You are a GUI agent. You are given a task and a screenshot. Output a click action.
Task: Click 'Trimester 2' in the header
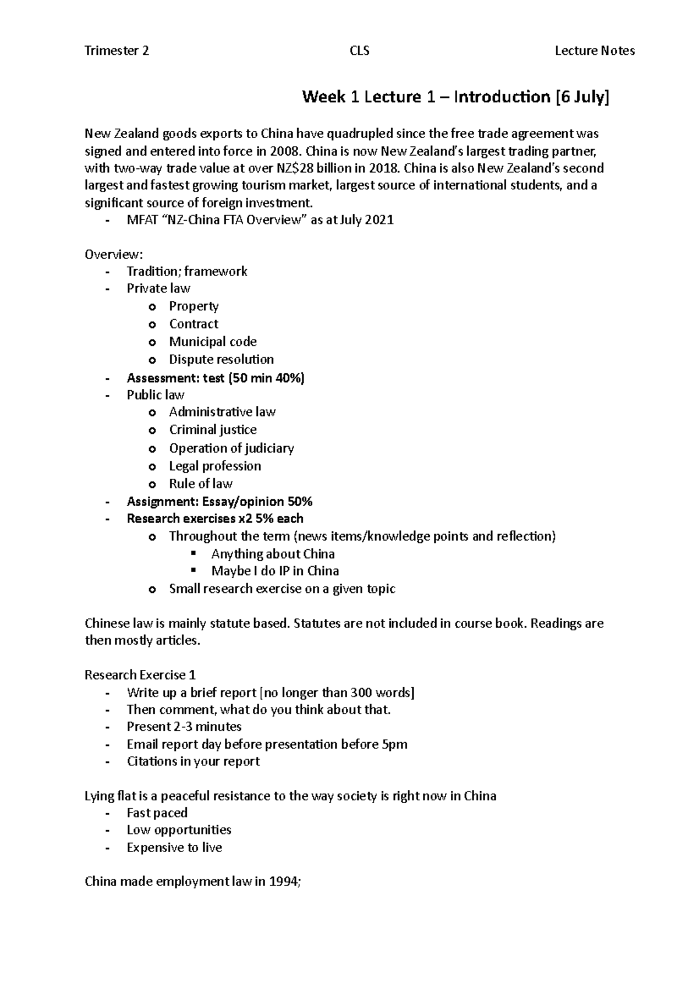tap(116, 51)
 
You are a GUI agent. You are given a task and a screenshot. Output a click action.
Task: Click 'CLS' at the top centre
tap(359, 51)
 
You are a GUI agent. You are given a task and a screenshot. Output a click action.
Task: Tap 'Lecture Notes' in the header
tap(595, 51)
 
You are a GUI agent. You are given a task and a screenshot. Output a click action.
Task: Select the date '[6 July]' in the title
tap(582, 97)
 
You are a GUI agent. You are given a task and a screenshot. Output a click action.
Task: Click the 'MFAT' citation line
tap(260, 220)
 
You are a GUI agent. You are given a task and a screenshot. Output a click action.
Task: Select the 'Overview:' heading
tap(114, 255)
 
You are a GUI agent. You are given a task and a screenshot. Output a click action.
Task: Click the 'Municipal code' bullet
tap(213, 342)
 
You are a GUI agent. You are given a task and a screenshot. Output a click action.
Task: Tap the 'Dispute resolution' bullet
tap(221, 359)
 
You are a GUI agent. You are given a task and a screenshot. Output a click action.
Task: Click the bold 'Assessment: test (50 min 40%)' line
tap(216, 378)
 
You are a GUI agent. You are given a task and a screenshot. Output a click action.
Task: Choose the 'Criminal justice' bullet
tap(213, 430)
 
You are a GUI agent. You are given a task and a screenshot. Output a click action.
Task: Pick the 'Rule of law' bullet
tap(200, 484)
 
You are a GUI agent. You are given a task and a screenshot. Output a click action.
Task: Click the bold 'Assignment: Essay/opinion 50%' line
tap(220, 501)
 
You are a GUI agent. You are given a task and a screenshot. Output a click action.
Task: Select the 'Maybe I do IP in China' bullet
tap(275, 571)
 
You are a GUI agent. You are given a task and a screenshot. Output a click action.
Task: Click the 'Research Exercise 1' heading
tap(140, 675)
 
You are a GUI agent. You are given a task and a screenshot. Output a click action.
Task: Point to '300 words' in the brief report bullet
tap(380, 693)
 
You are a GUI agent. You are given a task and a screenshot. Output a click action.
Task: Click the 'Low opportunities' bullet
tap(179, 830)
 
